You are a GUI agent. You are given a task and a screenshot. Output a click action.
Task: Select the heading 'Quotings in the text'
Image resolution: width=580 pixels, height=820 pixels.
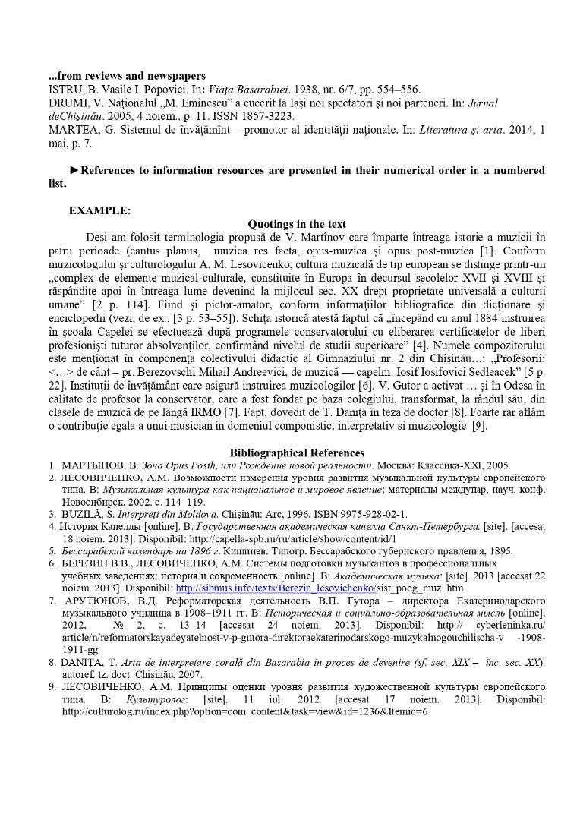297,224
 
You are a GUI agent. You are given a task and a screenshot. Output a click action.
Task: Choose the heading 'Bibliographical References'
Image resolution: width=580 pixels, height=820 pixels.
286,453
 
